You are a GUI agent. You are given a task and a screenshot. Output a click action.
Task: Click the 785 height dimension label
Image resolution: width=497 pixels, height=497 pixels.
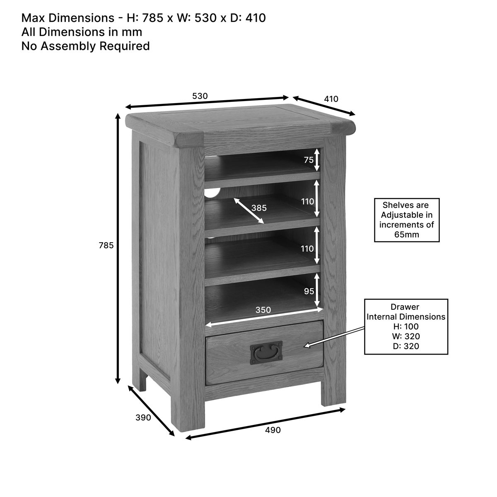[x=106, y=245]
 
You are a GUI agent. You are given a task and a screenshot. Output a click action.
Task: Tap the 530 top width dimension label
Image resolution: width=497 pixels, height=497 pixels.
[x=200, y=96]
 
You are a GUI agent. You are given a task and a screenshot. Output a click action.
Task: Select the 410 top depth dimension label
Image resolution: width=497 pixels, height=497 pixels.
[x=331, y=99]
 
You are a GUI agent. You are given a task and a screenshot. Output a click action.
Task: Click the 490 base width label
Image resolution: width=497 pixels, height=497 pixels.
[x=273, y=430]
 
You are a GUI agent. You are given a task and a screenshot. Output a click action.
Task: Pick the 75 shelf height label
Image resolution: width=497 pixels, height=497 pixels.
[x=309, y=160]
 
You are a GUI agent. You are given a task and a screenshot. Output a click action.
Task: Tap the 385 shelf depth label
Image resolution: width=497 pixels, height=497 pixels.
[x=259, y=208]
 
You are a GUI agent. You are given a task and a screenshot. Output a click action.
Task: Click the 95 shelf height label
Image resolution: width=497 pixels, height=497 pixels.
[x=309, y=291]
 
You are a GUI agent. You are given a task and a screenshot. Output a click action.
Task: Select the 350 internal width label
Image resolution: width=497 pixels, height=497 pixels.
[x=263, y=310]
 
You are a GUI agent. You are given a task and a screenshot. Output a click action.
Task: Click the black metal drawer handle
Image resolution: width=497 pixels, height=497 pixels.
[x=266, y=352]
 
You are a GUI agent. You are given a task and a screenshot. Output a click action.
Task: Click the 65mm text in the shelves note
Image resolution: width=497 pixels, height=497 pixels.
[x=407, y=234]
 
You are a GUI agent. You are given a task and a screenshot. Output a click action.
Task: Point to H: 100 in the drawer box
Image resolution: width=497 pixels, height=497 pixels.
[x=406, y=326]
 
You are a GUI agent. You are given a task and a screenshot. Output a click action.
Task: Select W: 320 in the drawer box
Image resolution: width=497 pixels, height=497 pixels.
[x=406, y=336]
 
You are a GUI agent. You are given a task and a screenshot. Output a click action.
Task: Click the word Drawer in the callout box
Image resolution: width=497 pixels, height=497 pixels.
[x=405, y=306]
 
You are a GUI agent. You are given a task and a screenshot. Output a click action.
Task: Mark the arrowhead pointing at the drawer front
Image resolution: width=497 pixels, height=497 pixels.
[x=307, y=345]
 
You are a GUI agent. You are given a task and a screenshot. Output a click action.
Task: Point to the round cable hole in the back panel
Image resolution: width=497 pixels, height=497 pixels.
[x=213, y=192]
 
